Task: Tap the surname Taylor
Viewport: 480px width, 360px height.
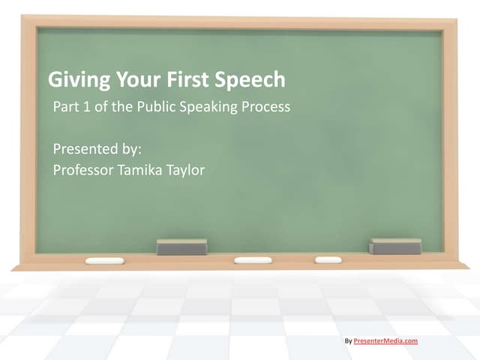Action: tap(184, 170)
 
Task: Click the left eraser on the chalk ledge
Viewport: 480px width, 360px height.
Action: tap(181, 247)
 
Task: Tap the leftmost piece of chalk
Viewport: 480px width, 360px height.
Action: tap(104, 261)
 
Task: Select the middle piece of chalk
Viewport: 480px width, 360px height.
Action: tap(253, 260)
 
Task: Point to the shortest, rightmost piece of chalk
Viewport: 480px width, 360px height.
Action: tap(328, 259)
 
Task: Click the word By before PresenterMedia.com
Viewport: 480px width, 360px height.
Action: tap(348, 340)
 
